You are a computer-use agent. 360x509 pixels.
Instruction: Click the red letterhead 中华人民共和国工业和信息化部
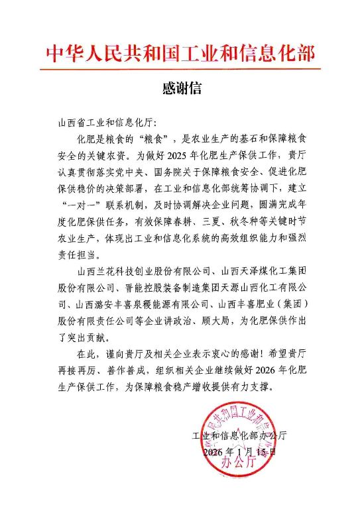click(180, 54)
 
